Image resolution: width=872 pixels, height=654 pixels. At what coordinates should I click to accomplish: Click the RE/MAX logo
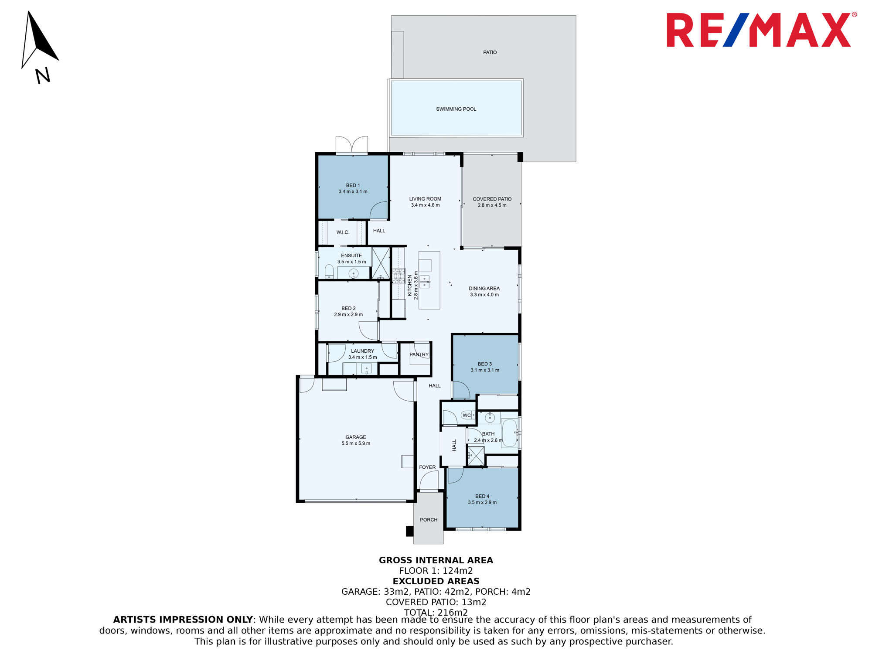coord(761,30)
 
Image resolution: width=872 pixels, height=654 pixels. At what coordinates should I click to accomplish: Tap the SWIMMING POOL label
coord(456,109)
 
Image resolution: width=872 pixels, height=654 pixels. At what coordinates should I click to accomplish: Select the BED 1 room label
coord(353,185)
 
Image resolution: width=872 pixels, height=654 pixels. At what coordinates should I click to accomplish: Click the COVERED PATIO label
coord(492,199)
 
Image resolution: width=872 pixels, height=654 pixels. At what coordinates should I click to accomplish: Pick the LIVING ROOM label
coord(425,199)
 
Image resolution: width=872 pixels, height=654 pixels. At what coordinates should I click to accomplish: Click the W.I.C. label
coord(343,232)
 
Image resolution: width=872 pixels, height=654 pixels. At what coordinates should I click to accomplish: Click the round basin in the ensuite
coord(354,274)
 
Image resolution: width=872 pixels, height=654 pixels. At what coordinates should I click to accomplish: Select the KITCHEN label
coord(410,286)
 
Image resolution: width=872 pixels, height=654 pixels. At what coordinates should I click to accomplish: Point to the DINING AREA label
coord(484,289)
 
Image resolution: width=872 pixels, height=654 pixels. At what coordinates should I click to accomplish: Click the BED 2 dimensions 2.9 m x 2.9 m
coord(348,315)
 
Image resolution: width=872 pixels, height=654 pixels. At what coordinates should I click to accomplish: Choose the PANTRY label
coord(419,354)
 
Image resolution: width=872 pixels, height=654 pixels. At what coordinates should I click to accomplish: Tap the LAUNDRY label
coord(363,351)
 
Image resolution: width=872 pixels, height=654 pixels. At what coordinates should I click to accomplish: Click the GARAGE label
coord(356,437)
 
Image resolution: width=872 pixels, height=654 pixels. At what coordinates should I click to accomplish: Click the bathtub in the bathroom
coord(509,433)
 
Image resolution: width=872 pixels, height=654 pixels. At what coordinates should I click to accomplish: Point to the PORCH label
coord(429,520)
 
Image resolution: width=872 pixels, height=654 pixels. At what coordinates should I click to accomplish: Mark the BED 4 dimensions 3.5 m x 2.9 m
coord(482,503)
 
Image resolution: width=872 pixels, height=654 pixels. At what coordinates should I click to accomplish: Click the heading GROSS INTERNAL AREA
coord(436,560)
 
